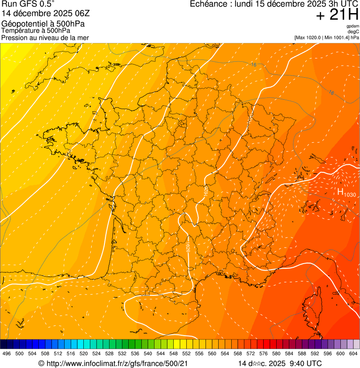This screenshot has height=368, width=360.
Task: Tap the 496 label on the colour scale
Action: pos(7,353)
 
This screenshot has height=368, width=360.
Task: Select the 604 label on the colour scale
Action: pos(353,353)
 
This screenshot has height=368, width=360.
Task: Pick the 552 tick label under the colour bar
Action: pos(186,353)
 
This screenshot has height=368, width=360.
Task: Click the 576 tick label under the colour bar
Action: pos(263,353)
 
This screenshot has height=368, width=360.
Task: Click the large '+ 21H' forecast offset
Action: pos(337,15)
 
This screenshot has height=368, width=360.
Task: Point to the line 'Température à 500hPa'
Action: pos(36,30)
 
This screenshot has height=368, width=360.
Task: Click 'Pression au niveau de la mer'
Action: pos(45,37)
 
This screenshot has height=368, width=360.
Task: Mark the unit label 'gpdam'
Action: pos(353,26)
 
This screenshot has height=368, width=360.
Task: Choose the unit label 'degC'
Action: pos(353,32)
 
